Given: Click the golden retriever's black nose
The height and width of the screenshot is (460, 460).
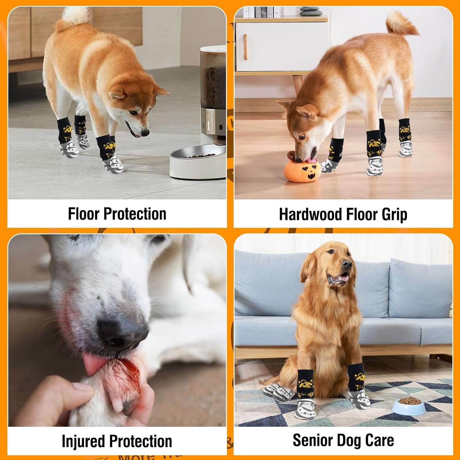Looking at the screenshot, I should (x=347, y=264).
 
